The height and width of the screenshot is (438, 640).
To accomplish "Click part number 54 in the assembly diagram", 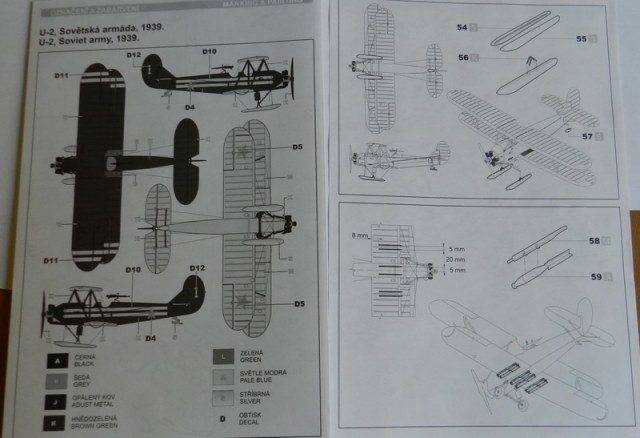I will tap(461, 26).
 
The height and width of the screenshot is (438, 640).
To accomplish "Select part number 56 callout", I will tap(462, 58).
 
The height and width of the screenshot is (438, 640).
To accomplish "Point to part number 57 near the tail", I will tap(587, 135).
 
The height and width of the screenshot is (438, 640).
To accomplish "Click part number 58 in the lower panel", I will tap(594, 241).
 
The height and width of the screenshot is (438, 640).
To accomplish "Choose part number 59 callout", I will tap(594, 275).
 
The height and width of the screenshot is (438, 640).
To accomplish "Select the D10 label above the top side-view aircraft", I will tap(209, 51).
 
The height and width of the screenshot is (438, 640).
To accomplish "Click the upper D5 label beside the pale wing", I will tap(298, 148).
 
